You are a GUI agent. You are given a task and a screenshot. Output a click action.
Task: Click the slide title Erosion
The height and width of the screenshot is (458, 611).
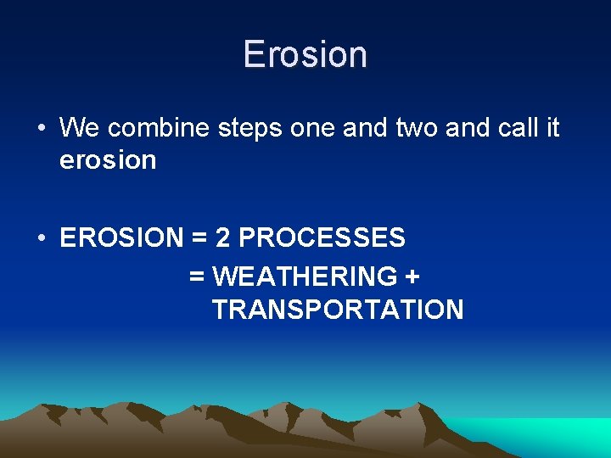(305, 54)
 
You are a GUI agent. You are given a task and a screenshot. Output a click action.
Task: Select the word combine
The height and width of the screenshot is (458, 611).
(159, 128)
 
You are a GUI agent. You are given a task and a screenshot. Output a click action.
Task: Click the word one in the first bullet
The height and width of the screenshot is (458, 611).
(313, 129)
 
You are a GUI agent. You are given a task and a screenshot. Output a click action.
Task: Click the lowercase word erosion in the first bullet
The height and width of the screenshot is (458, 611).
(108, 160)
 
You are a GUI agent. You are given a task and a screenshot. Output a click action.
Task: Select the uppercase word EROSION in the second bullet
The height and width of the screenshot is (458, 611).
(121, 238)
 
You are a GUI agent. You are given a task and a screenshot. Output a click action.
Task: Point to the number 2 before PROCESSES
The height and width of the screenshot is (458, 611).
(223, 238)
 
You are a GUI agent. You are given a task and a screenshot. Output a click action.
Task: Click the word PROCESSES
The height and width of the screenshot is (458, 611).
(322, 238)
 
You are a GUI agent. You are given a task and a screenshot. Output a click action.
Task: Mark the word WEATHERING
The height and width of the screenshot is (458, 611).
(305, 276)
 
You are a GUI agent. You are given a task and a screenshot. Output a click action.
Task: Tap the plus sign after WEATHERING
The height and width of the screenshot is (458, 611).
(413, 277)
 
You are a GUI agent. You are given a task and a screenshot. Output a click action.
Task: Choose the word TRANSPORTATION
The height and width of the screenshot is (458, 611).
(338, 310)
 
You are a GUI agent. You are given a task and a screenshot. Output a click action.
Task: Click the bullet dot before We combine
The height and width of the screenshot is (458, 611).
(41, 129)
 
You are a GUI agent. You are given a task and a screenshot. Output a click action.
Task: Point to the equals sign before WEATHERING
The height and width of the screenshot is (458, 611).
(197, 277)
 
